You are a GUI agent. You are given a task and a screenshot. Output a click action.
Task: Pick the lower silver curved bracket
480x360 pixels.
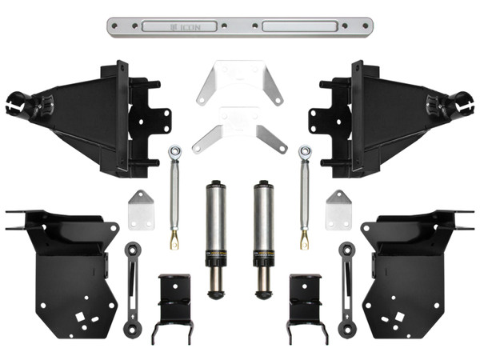coord(238,132)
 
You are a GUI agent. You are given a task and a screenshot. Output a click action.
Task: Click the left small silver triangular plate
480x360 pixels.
coord(141,210)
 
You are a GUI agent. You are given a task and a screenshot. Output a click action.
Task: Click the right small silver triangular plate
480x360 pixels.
coord(338,210)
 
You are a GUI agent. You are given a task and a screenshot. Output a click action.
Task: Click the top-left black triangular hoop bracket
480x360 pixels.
coord(88,116)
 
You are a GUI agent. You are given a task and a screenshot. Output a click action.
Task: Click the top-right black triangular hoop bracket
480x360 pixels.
coord(392,116)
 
